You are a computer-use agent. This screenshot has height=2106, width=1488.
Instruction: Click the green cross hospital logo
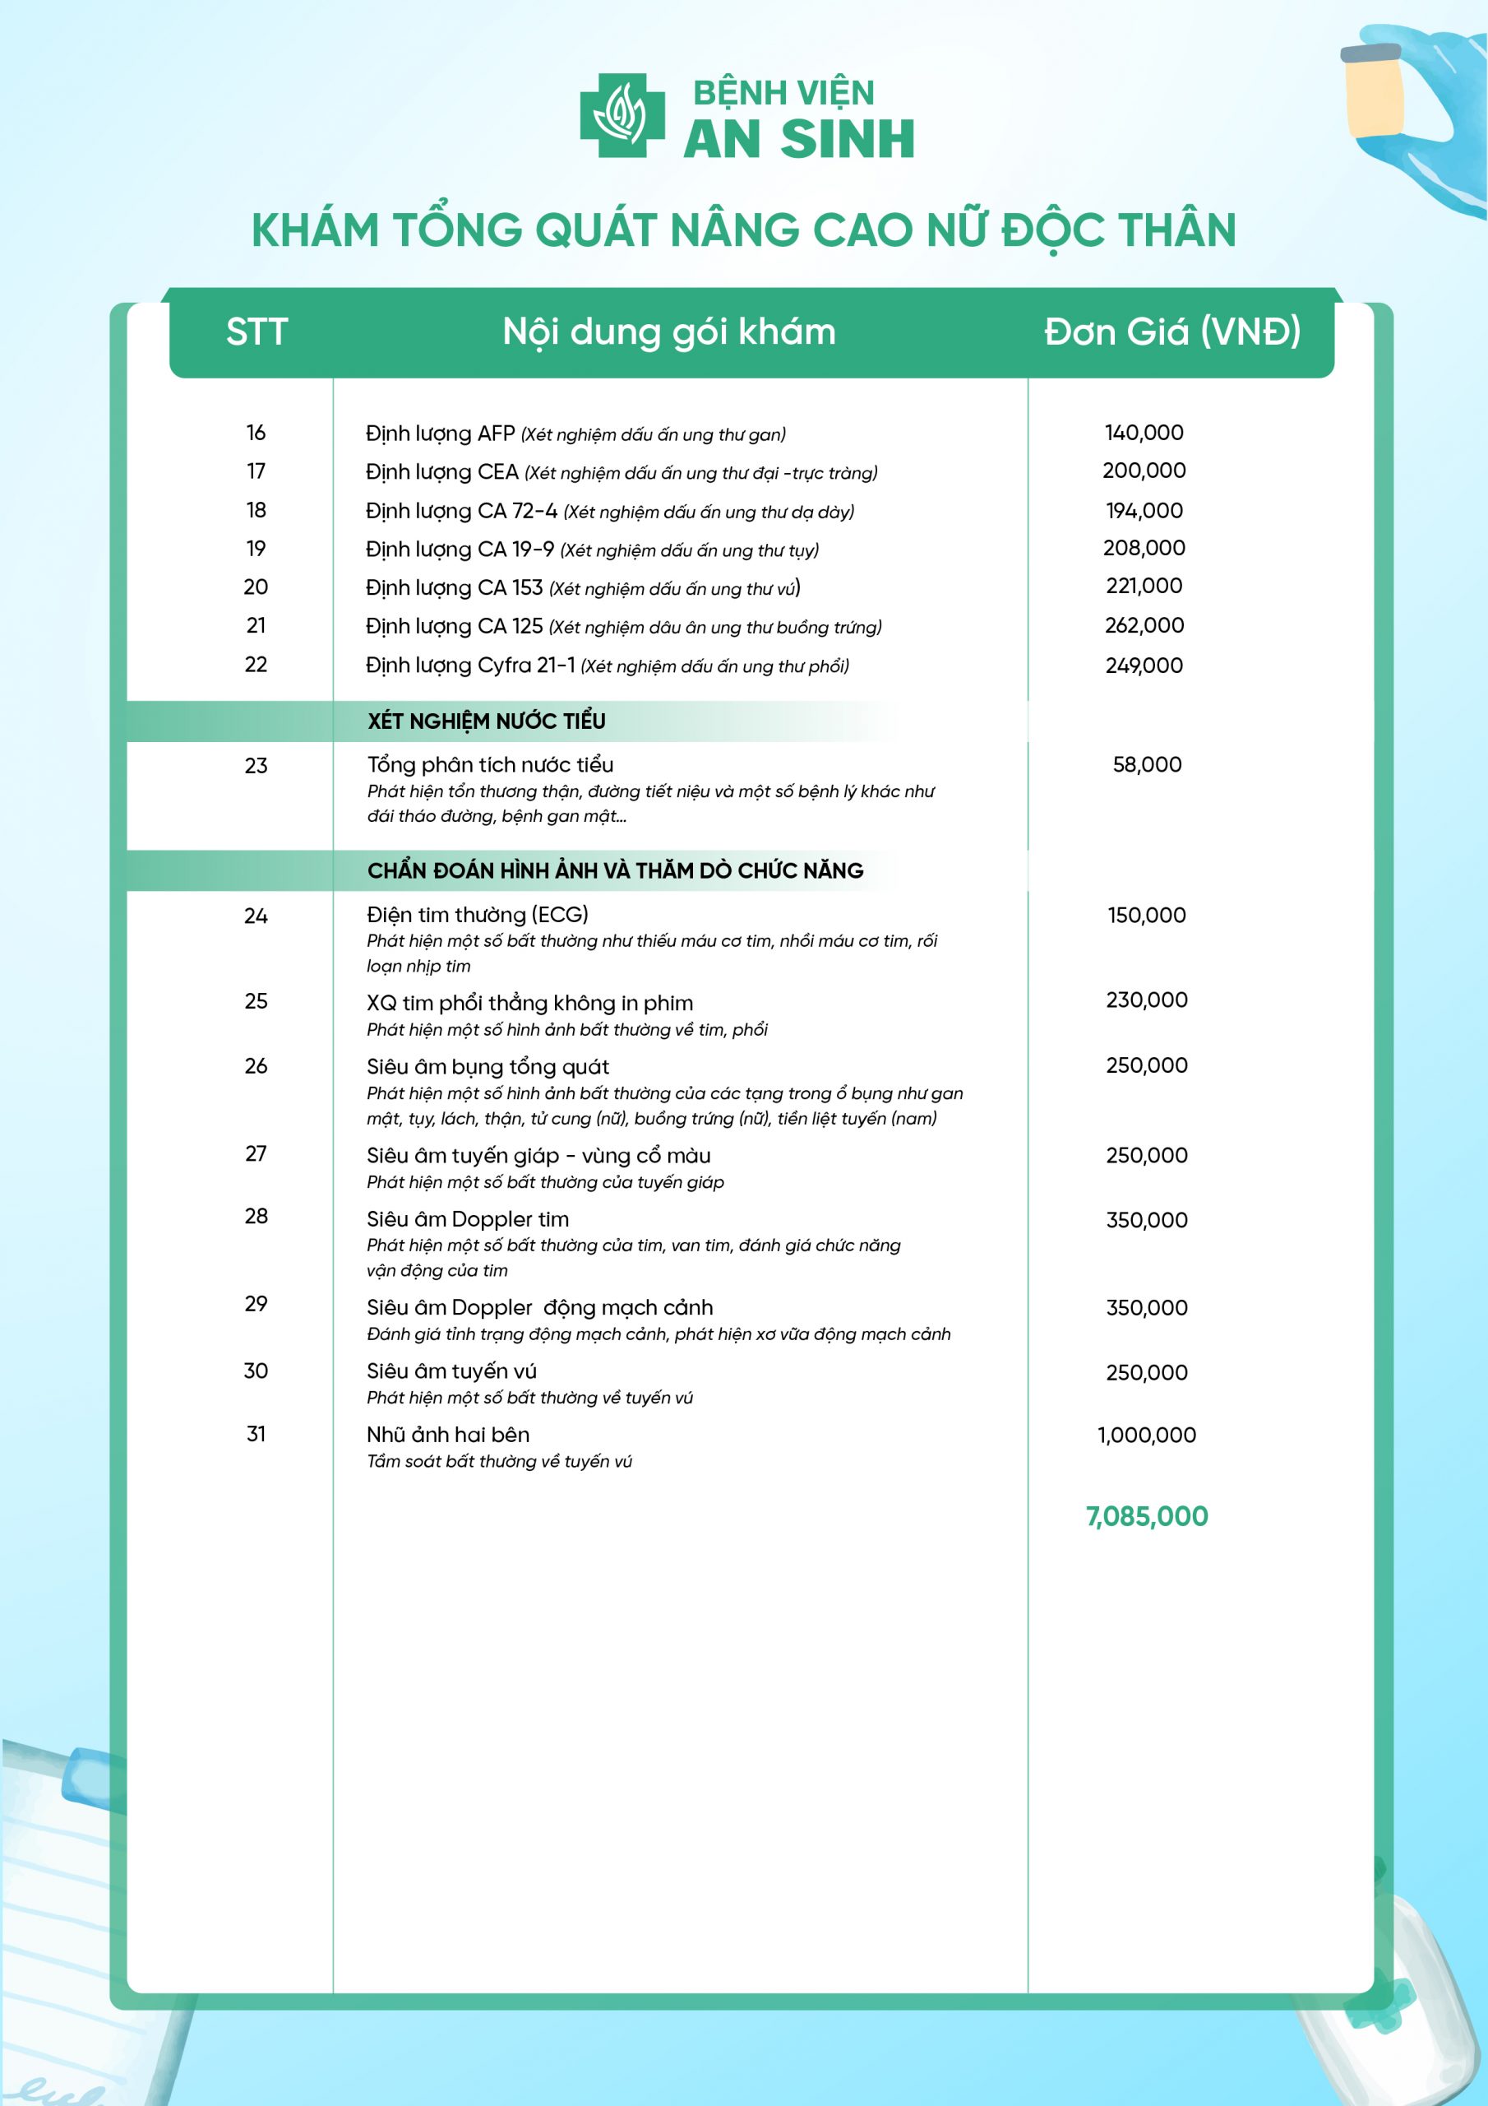click(x=622, y=115)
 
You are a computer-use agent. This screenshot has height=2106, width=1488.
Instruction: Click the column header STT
click(x=256, y=332)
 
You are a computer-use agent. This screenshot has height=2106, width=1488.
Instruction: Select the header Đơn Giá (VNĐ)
click(x=1171, y=332)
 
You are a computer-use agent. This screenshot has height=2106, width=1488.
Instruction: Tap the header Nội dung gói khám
click(x=669, y=332)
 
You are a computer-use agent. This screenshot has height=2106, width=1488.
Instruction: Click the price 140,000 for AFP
click(x=1144, y=432)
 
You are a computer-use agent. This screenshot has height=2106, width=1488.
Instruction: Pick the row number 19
click(x=256, y=549)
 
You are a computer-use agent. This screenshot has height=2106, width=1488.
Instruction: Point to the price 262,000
click(x=1144, y=625)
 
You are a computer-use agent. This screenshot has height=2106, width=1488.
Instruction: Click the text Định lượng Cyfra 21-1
click(x=470, y=665)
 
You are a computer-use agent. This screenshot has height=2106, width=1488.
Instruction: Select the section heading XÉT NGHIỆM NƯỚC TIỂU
click(x=486, y=721)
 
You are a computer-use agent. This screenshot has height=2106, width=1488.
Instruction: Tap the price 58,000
click(x=1146, y=765)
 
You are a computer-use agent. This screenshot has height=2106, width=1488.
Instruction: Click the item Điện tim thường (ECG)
click(x=477, y=915)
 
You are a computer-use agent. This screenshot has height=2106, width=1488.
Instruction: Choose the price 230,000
click(x=1146, y=1000)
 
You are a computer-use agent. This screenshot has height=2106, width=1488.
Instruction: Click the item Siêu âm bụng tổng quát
click(x=488, y=1067)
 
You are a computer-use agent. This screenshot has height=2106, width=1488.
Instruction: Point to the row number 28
click(x=256, y=1216)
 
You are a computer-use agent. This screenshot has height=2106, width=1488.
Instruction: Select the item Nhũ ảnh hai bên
click(x=447, y=1435)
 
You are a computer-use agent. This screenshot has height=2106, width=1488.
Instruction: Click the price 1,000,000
click(x=1146, y=1436)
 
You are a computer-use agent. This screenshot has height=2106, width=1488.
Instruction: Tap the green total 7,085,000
click(x=1146, y=1516)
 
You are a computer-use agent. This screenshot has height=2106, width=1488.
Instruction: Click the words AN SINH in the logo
click(x=798, y=139)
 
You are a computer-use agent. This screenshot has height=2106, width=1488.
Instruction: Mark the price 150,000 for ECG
click(x=1146, y=916)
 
